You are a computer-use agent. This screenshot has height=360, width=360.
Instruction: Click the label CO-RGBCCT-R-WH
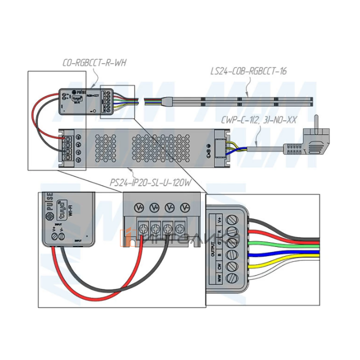[94, 63]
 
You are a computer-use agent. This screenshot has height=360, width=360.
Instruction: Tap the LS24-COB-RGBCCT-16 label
[248, 71]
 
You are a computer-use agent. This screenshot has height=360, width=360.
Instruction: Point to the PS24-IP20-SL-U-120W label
[150, 182]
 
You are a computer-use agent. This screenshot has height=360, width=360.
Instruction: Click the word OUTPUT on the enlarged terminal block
[213, 249]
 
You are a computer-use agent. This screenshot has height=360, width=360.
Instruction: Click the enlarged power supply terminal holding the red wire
[142, 229]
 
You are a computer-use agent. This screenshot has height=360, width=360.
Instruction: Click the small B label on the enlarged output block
[220, 255]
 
